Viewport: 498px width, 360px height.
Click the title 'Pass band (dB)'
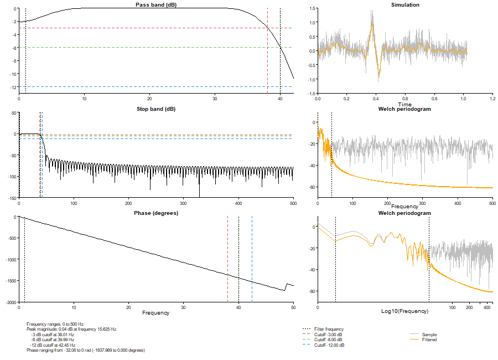coord(156,5)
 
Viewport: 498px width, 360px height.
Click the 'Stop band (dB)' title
coord(156,109)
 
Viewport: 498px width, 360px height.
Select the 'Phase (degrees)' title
coord(156,213)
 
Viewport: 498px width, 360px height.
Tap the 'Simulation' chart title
coord(405,5)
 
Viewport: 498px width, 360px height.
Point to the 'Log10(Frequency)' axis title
coord(405,311)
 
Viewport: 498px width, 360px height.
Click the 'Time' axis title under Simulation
coord(405,104)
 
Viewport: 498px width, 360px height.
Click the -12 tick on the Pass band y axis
coord(13,87)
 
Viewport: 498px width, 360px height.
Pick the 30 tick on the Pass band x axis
coord(215,99)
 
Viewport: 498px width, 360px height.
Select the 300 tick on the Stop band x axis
coord(183,203)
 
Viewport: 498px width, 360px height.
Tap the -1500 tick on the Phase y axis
coord(11,281)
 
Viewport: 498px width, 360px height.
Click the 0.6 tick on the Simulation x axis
coord(405,99)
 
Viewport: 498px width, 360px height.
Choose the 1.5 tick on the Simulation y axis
coord(312,9)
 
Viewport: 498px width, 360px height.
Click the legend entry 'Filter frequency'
coord(329,329)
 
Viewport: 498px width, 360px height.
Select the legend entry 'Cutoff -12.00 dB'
coord(329,345)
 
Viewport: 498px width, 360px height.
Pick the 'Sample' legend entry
coord(429,335)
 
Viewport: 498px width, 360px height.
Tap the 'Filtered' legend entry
coord(429,340)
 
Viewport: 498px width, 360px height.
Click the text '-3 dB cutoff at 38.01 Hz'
coord(53,335)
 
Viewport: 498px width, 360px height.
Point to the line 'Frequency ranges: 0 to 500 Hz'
coord(55,324)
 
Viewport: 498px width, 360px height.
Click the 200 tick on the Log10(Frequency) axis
coord(469,307)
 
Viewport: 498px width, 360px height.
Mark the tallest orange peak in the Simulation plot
coord(372,24)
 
